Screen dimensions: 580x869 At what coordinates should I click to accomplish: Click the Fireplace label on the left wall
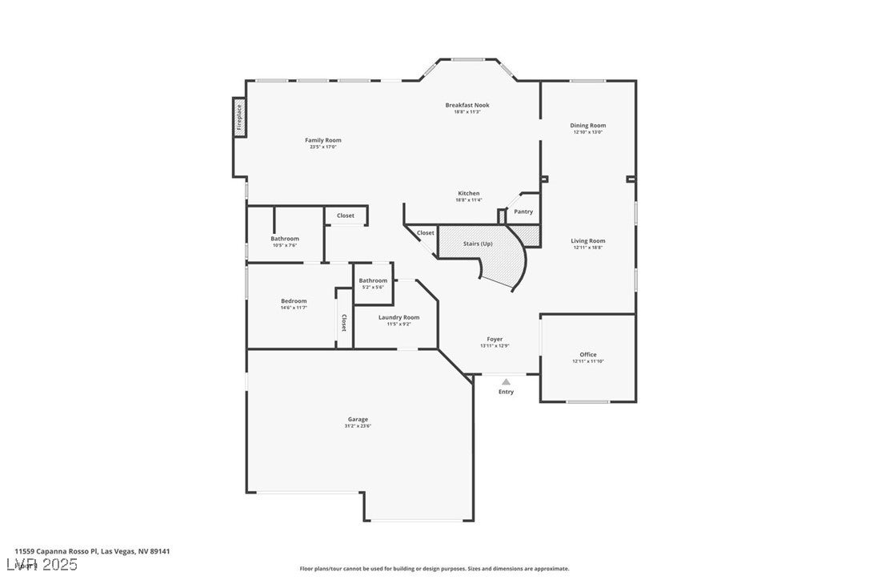[x=239, y=117]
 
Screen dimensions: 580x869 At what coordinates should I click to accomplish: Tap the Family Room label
[x=322, y=140]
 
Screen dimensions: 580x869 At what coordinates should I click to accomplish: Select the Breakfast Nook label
[x=467, y=105]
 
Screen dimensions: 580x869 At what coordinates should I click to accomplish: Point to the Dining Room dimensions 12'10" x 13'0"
[x=587, y=132]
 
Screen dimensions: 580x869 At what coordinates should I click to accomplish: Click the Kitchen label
[x=468, y=193]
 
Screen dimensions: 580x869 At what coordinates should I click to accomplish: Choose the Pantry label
[x=523, y=211]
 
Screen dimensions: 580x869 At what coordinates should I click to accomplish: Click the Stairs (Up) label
[x=478, y=244]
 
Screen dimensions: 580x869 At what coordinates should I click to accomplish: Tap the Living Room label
[x=587, y=240]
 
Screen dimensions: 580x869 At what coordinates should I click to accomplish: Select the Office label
[x=587, y=354]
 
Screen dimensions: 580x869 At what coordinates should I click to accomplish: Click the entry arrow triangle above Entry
[x=506, y=382]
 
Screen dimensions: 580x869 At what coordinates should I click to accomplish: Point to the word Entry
[x=506, y=392]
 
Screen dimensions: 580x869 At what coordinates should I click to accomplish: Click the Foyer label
[x=495, y=339]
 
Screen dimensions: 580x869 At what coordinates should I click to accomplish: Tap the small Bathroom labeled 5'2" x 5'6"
[x=373, y=280]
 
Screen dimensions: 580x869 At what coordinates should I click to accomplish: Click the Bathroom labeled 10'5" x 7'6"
[x=284, y=239]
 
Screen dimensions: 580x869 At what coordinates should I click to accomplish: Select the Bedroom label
[x=293, y=300]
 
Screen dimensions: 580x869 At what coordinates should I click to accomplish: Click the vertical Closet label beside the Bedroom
[x=344, y=323]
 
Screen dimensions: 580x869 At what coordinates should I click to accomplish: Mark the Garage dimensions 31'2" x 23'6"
[x=358, y=425]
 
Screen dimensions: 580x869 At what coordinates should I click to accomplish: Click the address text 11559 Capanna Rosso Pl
[x=56, y=551]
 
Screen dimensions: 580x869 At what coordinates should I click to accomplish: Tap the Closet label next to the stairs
[x=425, y=233]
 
